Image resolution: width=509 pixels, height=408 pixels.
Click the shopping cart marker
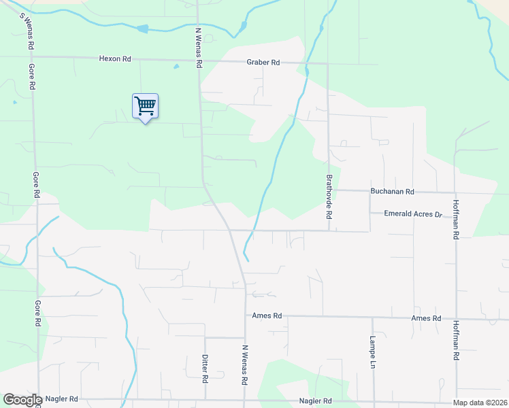tap(145, 106)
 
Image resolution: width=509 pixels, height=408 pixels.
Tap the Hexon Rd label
tap(114, 59)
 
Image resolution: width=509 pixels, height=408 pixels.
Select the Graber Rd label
tap(263, 63)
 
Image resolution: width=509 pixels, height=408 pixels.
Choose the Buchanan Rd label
tap(392, 192)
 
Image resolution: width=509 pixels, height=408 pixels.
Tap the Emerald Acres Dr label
tap(413, 214)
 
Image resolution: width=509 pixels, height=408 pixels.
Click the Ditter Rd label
tap(205, 366)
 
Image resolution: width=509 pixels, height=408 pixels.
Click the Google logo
tap(22, 400)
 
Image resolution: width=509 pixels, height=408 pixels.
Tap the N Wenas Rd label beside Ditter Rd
tap(244, 364)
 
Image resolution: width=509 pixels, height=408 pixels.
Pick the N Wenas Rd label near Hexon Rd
tap(199, 47)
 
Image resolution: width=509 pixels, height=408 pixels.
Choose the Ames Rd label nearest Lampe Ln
tap(426, 318)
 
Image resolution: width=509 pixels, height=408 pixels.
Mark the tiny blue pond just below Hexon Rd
tap(176, 67)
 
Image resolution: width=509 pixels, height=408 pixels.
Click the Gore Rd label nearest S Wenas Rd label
tap(31, 77)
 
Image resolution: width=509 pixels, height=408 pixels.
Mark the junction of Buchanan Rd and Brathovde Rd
tap(328, 190)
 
